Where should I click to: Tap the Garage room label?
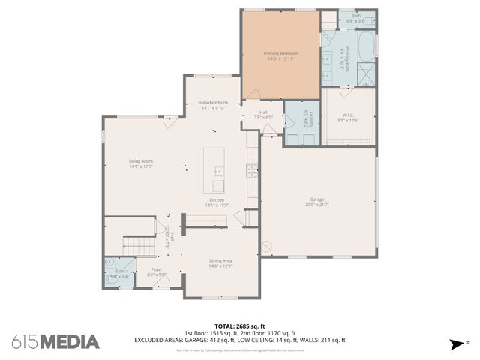(317, 200)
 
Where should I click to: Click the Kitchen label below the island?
(217, 200)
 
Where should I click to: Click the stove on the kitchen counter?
(250, 171)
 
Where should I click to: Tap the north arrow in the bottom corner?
(456, 344)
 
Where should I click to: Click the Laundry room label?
(307, 119)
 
